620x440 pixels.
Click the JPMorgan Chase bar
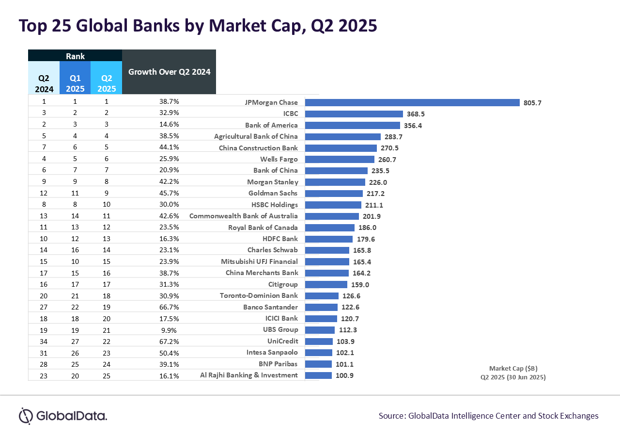tap(412, 102)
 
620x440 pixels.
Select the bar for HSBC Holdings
tap(333, 205)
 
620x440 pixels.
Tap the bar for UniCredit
tap(319, 341)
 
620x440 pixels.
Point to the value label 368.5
tap(415, 114)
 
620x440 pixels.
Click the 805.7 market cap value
tap(532, 103)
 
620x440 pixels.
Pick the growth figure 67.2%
tap(169, 341)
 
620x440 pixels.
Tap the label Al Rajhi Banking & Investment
tap(249, 375)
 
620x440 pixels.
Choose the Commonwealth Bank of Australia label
tap(244, 216)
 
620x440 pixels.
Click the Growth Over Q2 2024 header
tap(169, 72)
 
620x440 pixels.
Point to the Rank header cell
tap(75, 56)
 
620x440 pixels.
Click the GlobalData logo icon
tap(26, 416)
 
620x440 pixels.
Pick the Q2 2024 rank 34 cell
tap(44, 341)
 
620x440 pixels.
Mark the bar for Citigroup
tap(326, 284)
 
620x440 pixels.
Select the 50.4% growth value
tap(169, 353)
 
